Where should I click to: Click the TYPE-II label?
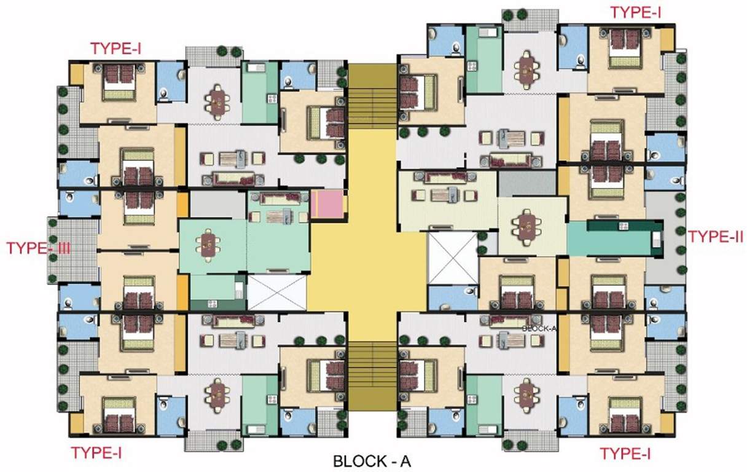[x=716, y=236]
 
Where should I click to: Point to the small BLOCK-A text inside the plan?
[x=538, y=328]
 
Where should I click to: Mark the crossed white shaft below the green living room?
[x=276, y=293]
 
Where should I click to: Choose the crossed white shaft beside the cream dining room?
[x=452, y=259]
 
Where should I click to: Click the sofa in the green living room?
[x=278, y=199]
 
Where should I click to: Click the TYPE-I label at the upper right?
[x=635, y=12]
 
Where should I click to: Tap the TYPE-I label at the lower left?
[x=96, y=453]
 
